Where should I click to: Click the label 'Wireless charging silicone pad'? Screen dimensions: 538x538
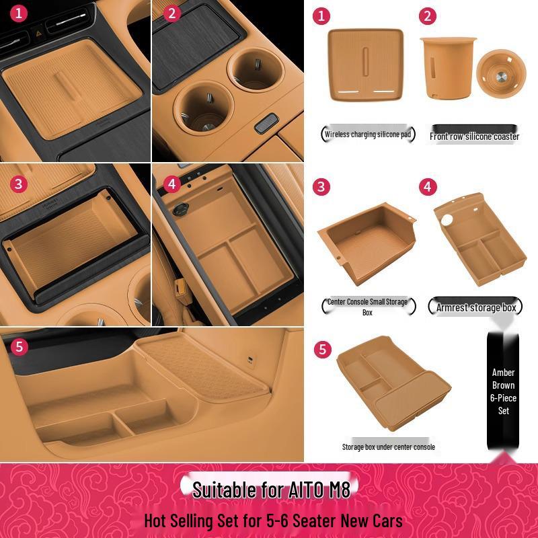[x=368, y=134]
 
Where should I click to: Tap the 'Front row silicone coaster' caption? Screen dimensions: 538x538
[x=474, y=136]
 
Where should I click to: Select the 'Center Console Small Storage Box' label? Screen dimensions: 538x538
[x=367, y=307]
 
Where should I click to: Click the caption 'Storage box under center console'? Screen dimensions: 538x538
[x=388, y=447]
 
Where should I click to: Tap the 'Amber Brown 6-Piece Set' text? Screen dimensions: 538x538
[x=503, y=391]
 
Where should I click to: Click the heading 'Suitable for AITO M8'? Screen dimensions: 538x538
[x=271, y=489]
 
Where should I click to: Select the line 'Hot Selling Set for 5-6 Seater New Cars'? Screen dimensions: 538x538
[x=273, y=521]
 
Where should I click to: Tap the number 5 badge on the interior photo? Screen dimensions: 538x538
[x=20, y=347]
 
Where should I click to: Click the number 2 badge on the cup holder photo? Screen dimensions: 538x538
[x=172, y=13]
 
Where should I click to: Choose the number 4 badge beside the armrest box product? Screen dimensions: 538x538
[x=428, y=187]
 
